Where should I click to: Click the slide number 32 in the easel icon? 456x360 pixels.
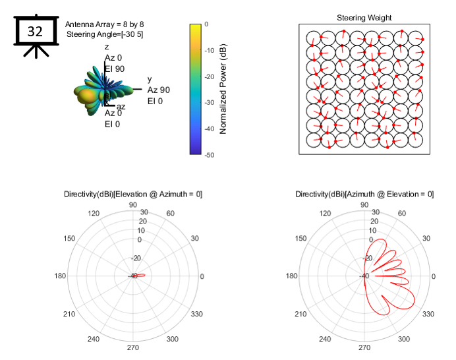[x=35, y=30]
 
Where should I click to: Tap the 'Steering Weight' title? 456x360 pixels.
[x=364, y=18]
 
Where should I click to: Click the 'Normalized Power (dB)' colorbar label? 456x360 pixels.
[x=223, y=89]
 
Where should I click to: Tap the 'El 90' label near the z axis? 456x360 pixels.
[x=115, y=69]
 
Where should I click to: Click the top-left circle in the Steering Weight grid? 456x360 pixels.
[x=313, y=38]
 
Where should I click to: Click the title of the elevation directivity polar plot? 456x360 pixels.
[x=133, y=194]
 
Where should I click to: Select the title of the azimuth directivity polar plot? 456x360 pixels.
[x=364, y=194]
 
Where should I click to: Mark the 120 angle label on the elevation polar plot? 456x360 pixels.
[x=94, y=214]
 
